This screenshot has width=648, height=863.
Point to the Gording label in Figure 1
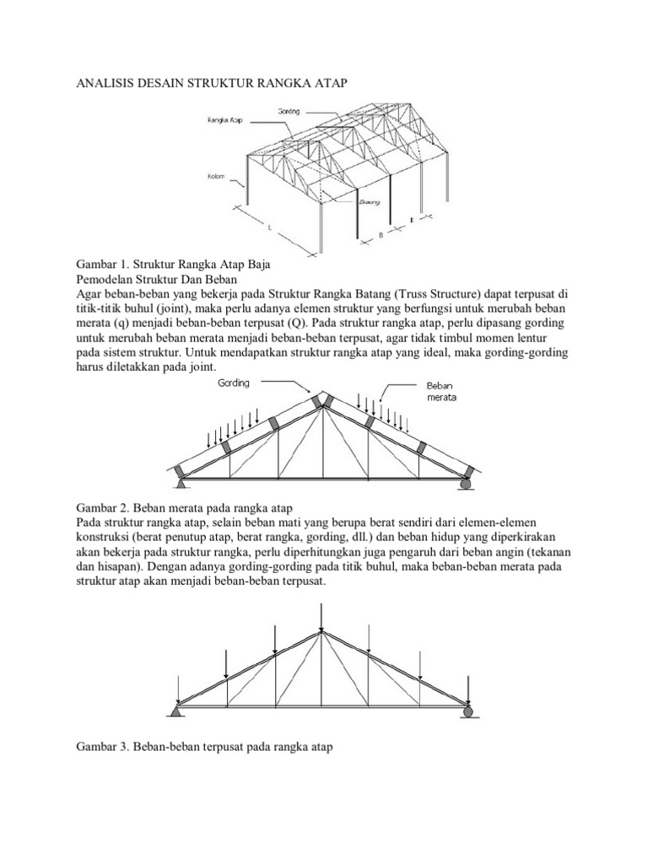(x=289, y=110)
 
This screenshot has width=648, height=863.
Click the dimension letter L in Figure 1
(x=269, y=228)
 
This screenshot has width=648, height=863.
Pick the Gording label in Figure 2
(x=233, y=382)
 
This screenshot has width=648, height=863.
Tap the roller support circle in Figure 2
(x=467, y=484)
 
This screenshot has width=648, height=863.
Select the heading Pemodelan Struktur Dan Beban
(x=158, y=278)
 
